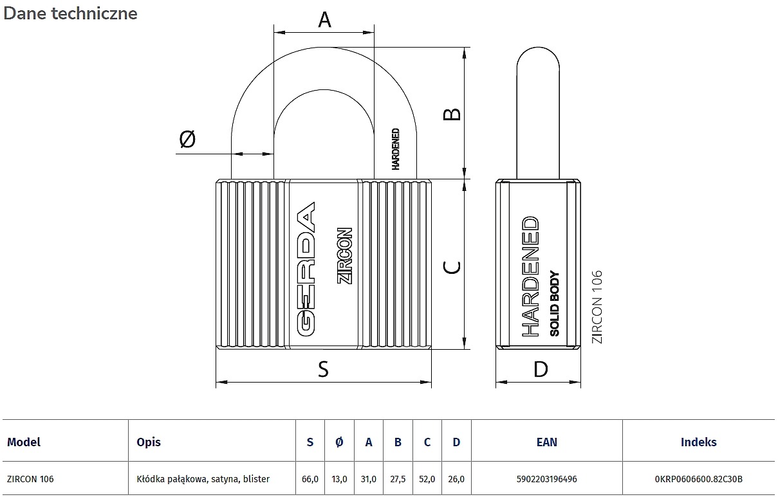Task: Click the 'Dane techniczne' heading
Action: [x=71, y=14]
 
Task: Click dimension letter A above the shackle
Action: [x=324, y=19]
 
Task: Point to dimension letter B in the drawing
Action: [x=452, y=114]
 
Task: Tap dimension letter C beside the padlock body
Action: [x=452, y=267]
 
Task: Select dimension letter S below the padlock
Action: [x=323, y=369]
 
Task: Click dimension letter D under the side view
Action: [x=541, y=369]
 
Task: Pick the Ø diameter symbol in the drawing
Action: [x=187, y=139]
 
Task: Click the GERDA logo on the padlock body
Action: [x=306, y=269]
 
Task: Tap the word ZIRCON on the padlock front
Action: [x=344, y=256]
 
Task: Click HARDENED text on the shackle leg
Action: [x=396, y=149]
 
